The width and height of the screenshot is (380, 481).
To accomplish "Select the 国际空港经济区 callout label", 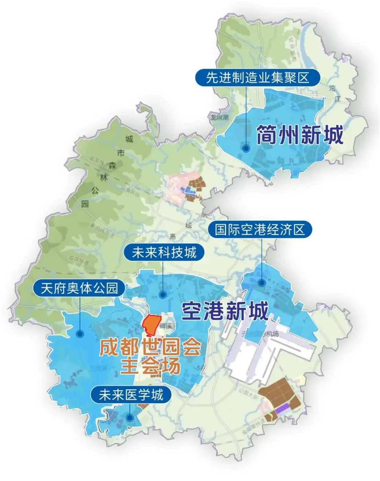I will point(260,230).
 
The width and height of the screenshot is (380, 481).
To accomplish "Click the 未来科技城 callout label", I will point(164,253).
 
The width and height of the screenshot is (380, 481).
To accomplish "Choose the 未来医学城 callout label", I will point(131,395).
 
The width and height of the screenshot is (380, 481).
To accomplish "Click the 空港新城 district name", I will point(225,311).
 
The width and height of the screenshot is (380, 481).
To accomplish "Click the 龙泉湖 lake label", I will point(220,118).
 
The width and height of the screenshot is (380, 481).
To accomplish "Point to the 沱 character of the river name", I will point(332,88).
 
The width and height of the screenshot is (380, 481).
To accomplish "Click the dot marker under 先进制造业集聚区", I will point(246,148).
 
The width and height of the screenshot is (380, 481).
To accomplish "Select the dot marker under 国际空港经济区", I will point(262,283).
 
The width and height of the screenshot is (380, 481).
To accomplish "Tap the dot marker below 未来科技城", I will point(163,294).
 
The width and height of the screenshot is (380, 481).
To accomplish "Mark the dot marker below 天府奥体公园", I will point(80,333).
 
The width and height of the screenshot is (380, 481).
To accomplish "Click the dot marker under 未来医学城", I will point(130,418).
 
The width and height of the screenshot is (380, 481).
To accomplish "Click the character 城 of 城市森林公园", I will point(129,139).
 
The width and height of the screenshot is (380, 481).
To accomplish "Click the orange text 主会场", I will point(150,366).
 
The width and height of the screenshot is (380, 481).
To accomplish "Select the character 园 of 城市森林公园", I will point(85,204).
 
